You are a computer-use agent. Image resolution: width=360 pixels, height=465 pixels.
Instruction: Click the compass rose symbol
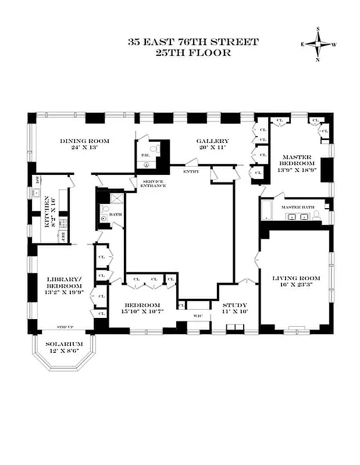[318, 44]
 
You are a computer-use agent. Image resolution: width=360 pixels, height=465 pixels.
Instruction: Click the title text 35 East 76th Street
[193, 42]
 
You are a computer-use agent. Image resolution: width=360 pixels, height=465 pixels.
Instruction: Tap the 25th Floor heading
[193, 52]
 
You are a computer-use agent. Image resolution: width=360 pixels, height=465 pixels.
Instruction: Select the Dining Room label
[84, 141]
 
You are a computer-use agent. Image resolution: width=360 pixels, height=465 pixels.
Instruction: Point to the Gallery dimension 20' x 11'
[212, 149]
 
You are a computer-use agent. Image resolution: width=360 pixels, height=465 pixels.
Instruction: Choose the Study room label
[236, 305]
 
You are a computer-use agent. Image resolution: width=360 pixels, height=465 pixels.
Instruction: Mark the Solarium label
[64, 344]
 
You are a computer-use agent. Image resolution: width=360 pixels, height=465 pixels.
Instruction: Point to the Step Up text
[64, 327]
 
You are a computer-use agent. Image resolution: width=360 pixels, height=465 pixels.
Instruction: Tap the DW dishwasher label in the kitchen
[37, 180]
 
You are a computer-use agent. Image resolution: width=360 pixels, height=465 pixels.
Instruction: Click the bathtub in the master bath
[267, 211]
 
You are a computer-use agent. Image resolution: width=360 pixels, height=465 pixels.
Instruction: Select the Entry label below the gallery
[190, 171]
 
